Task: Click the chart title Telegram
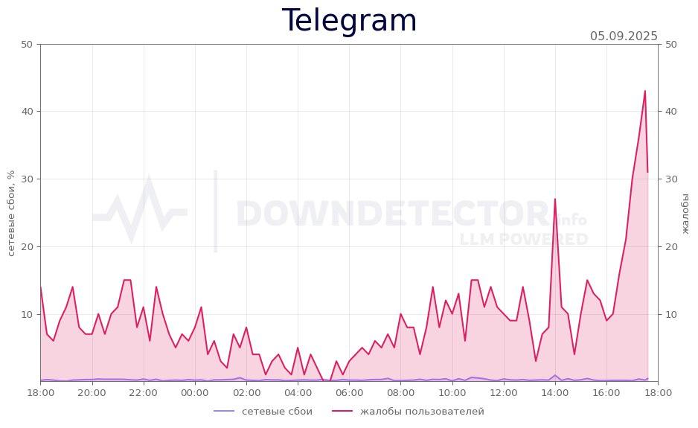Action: [349, 21]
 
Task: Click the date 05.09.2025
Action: [624, 36]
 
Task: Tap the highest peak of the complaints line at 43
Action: [644, 92]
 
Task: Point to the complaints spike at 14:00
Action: [554, 199]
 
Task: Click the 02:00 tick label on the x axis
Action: [246, 392]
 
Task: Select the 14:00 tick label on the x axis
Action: [555, 392]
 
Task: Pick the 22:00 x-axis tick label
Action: [144, 392]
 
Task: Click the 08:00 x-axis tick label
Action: [401, 392]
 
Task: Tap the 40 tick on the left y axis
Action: [25, 112]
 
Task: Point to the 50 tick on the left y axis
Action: [25, 44]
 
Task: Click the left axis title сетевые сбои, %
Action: [11, 213]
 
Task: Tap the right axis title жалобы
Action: [685, 213]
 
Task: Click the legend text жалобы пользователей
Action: [422, 412]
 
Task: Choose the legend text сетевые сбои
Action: [277, 412]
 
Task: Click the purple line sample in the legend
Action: [224, 412]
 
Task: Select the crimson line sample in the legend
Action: [342, 412]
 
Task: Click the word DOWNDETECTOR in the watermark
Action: [392, 214]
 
